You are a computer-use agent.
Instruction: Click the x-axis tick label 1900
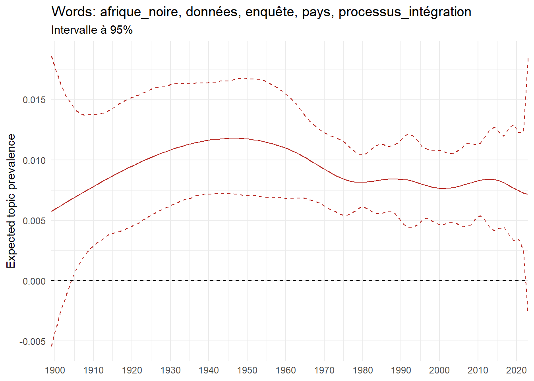(55, 370)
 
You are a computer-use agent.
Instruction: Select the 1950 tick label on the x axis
(247, 370)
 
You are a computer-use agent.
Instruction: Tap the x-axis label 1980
(362, 370)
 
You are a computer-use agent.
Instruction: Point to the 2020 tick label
(516, 370)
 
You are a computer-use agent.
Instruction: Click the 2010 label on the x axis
(478, 370)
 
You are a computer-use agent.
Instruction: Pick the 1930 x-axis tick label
(170, 370)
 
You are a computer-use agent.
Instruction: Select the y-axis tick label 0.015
(34, 100)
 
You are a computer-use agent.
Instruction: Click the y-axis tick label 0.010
(34, 160)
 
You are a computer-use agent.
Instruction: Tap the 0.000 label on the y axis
(34, 281)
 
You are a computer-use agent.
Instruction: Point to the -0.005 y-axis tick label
(33, 342)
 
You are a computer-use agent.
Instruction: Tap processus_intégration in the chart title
(405, 12)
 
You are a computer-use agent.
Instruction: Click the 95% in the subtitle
(121, 30)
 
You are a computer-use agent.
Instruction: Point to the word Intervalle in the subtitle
(74, 30)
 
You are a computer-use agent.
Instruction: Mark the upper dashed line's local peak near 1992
(410, 135)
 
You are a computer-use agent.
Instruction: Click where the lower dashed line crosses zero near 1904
(72, 281)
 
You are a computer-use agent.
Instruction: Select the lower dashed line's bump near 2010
(480, 216)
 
